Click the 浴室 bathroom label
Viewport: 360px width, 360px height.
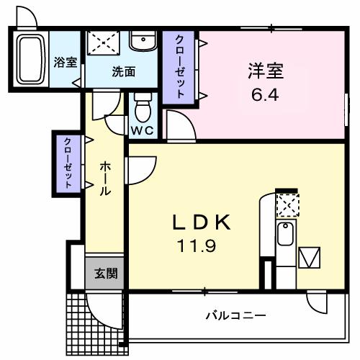pos(66,62)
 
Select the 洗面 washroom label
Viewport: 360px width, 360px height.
pos(124,71)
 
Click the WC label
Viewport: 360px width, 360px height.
pos(141,131)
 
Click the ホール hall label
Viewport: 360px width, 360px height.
pos(104,180)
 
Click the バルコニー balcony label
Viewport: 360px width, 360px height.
pos(235,315)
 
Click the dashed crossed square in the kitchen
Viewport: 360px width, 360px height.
pos(288,206)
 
